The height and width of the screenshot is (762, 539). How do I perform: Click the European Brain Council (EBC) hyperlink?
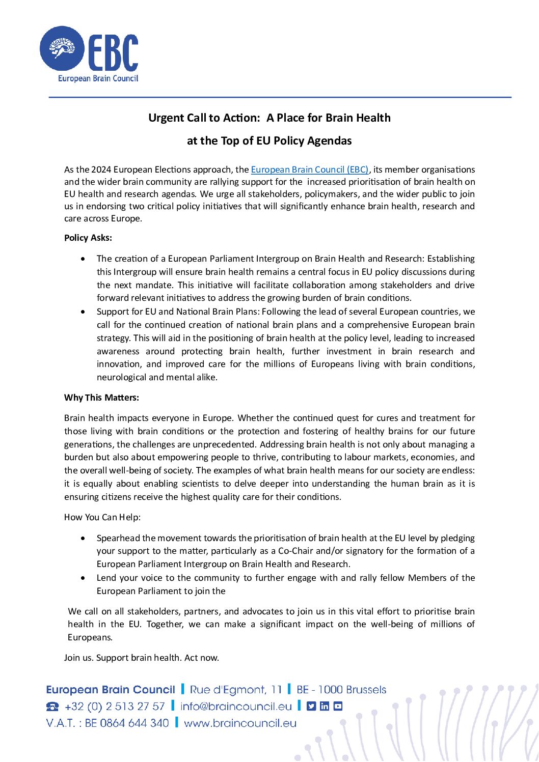tap(309, 170)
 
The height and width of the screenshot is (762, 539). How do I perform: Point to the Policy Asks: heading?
tap(88, 238)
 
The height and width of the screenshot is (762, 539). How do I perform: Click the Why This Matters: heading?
tap(101, 398)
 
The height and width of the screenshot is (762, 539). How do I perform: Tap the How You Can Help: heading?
tap(102, 517)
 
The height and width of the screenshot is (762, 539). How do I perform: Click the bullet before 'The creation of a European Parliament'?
tap(84, 259)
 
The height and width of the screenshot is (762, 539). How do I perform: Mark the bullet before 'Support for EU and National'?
tap(84, 312)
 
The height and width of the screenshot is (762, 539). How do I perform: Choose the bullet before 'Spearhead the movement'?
tap(84, 538)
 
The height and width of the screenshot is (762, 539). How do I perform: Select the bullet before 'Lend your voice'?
tap(84, 578)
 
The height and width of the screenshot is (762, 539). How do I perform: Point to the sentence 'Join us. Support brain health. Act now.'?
tap(142, 658)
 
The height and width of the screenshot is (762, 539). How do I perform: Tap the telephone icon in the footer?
tap(52, 707)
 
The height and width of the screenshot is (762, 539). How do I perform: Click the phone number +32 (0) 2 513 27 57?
tap(115, 707)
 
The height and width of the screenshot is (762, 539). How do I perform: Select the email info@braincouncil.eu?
tap(236, 707)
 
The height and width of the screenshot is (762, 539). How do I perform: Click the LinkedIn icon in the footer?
tap(325, 707)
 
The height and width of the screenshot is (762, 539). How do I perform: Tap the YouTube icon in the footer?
tap(338, 707)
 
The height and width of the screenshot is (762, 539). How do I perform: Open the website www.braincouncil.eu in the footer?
tap(240, 723)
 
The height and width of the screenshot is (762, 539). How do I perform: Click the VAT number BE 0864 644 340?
tap(127, 723)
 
